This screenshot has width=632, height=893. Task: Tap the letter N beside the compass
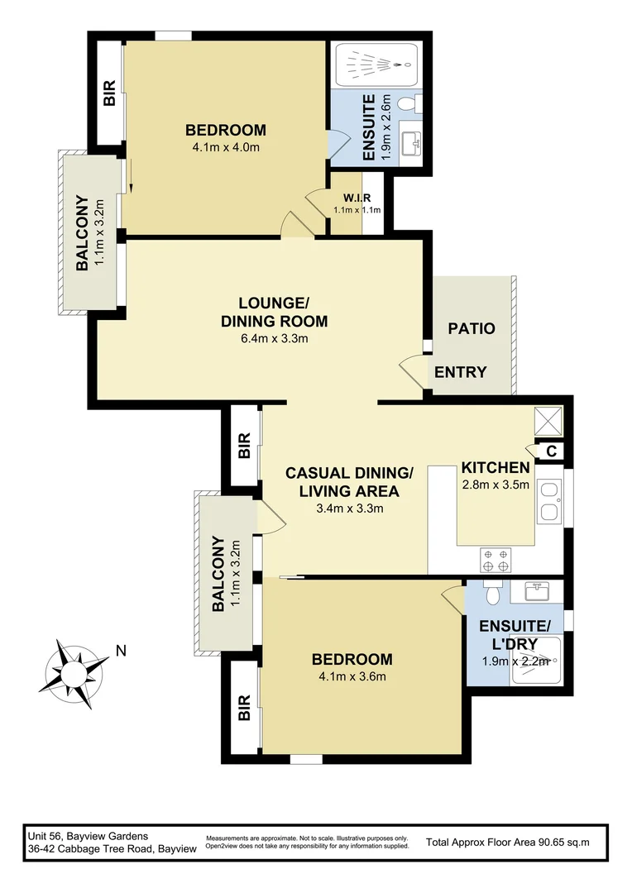tap(121, 651)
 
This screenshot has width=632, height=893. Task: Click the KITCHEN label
tap(495, 467)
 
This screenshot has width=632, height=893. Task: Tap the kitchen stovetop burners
tap(495, 560)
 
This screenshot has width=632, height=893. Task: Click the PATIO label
tap(472, 328)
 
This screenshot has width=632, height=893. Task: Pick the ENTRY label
tap(460, 372)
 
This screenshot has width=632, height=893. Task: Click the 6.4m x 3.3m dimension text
tap(274, 339)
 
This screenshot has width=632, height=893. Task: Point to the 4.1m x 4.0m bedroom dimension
tap(226, 148)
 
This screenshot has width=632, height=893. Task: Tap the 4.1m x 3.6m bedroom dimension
tap(352, 676)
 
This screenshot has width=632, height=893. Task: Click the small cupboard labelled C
tap(551, 451)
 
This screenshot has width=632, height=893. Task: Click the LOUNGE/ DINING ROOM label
tap(274, 311)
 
